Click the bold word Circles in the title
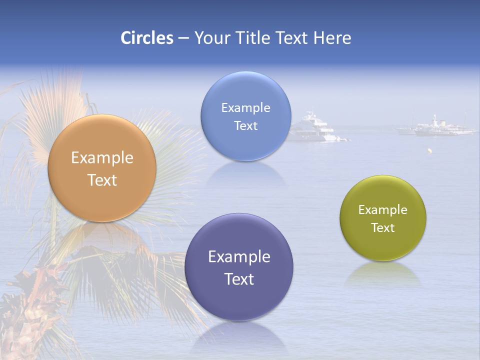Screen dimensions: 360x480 146,38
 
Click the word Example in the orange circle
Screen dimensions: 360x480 102,158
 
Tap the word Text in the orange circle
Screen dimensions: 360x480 102,180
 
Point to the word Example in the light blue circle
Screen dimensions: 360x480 245,108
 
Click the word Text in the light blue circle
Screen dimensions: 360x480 245,125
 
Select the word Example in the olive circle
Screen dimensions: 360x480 382,210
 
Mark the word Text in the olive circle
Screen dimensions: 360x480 382,227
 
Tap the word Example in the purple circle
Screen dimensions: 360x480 239,257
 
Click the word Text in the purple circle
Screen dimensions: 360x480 239,279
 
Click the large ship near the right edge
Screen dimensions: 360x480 437,127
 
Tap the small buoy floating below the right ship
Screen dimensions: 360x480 429,150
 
